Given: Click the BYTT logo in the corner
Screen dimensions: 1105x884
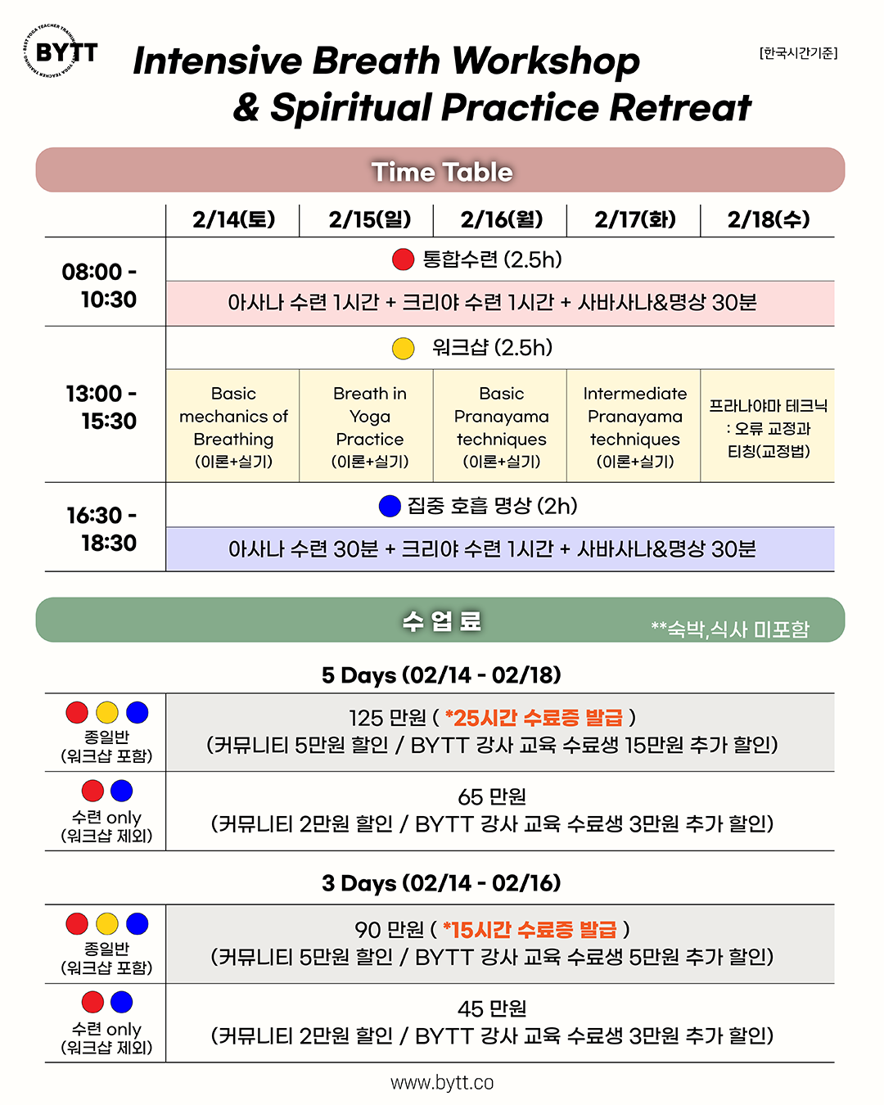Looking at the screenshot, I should (61, 52).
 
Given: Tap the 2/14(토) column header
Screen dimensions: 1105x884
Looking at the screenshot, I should (233, 219).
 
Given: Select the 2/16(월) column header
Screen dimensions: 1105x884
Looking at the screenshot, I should (501, 219).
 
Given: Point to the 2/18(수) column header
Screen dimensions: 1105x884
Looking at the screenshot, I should (768, 219).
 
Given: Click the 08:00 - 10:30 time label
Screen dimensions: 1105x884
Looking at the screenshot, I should (100, 285).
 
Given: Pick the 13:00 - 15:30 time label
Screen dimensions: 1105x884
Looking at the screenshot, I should (101, 407).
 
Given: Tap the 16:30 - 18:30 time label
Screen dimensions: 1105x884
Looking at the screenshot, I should (101, 529).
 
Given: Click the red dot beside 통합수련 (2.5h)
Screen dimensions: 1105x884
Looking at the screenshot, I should (404, 259).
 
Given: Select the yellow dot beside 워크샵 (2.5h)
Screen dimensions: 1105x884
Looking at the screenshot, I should (404, 348).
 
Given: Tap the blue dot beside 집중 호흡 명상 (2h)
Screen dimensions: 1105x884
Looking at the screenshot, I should (390, 506).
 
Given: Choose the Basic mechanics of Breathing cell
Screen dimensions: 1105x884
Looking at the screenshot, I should (233, 426).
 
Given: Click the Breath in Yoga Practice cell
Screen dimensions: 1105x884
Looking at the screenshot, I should (369, 426).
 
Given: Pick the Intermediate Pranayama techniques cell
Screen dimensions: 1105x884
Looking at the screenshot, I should (634, 426).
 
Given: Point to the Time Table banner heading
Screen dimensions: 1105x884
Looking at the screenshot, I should (441, 171).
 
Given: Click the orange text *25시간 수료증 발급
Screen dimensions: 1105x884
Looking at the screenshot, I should (534, 718).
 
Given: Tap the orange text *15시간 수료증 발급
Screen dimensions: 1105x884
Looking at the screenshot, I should (530, 930).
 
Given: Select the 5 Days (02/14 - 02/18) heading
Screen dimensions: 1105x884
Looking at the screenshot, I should (441, 675).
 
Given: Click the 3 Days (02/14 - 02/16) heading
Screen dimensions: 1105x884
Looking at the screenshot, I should (441, 883).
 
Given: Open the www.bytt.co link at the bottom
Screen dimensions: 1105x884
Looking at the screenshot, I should (442, 1083).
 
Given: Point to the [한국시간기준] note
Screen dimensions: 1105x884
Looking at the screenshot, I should (798, 53).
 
